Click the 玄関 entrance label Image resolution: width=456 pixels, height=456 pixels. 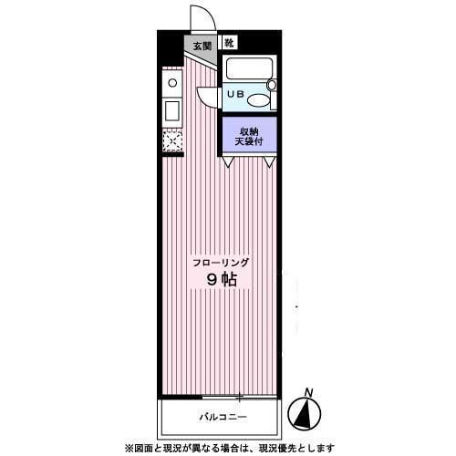pyautogui.click(x=202, y=46)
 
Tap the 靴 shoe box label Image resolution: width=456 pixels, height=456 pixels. pyautogui.click(x=230, y=43)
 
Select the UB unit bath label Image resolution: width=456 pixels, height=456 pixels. pyautogui.click(x=236, y=94)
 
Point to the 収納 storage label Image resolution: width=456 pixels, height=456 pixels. pyautogui.click(x=249, y=132)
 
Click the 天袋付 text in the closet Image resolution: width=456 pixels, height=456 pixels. pyautogui.click(x=249, y=141)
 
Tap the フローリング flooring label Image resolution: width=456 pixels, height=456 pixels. pyautogui.click(x=222, y=263)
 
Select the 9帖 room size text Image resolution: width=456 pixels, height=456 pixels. pyautogui.click(x=222, y=280)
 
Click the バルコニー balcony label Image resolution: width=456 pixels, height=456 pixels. pyautogui.click(x=223, y=417)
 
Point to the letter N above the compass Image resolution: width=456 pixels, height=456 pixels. pyautogui.click(x=309, y=392)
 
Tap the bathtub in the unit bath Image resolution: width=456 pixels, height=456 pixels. pyautogui.click(x=249, y=68)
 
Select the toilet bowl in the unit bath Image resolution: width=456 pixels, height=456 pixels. pyautogui.click(x=258, y=99)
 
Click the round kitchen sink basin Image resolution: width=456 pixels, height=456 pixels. pyautogui.click(x=172, y=83)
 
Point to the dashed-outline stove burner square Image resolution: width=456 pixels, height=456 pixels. pyautogui.click(x=172, y=141)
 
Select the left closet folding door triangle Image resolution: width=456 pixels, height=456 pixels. pyautogui.click(x=228, y=161)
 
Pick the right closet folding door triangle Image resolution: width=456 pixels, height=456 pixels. pyautogui.click(x=269, y=161)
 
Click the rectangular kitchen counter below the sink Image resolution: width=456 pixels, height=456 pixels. pyautogui.click(x=172, y=111)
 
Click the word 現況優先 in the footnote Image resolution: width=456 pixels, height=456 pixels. pyautogui.click(x=277, y=448)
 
